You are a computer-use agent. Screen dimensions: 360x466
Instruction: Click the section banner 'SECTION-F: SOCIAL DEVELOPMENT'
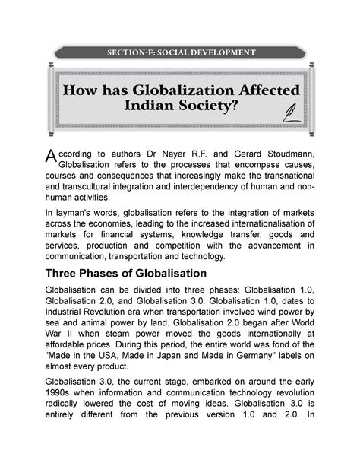(180, 53)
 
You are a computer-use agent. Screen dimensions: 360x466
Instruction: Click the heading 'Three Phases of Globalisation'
(134, 293)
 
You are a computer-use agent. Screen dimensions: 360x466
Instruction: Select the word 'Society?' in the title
(204, 109)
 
